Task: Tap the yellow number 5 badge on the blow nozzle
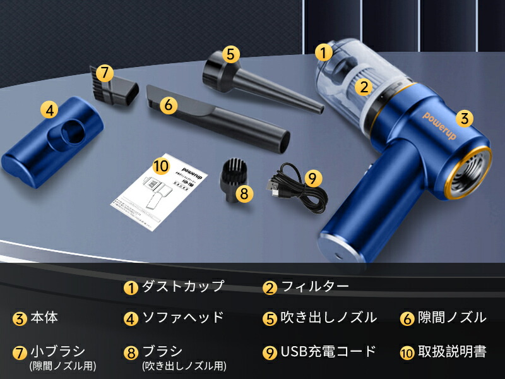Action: (231, 54)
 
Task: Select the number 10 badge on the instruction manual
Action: (162, 167)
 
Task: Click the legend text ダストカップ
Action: (183, 286)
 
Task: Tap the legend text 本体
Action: (44, 317)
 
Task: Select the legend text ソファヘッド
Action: (183, 317)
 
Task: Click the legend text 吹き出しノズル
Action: (328, 317)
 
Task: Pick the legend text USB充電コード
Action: (328, 351)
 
